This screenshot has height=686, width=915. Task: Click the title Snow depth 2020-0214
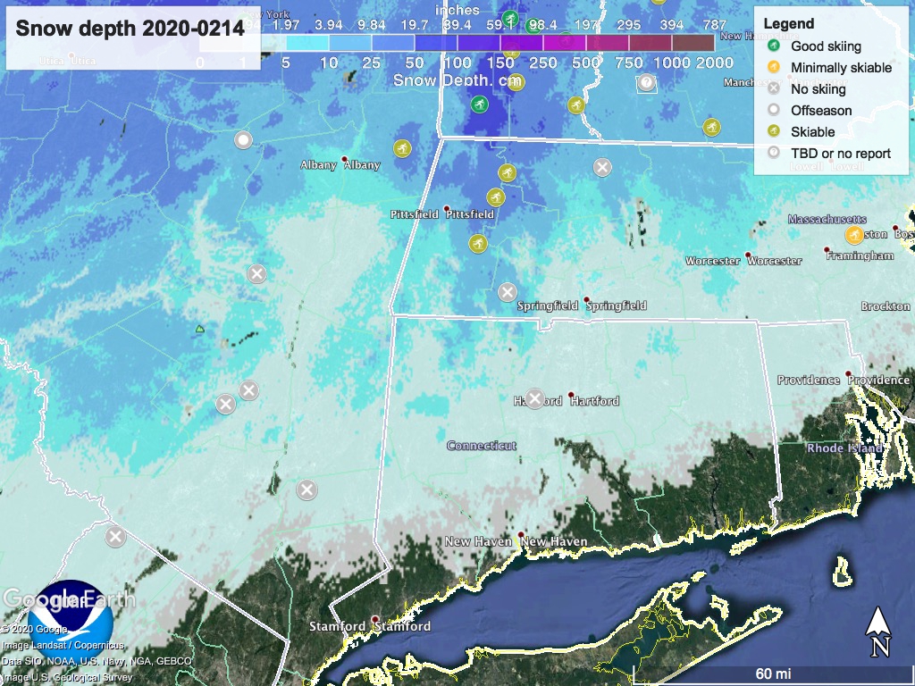point(130,29)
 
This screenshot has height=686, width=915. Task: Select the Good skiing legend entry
point(826,46)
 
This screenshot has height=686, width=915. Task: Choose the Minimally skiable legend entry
point(840,67)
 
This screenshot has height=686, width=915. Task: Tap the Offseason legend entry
point(820,110)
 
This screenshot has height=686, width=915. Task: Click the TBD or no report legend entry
point(840,153)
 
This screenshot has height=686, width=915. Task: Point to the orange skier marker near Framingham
point(854,236)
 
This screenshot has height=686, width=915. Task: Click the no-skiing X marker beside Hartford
point(534,399)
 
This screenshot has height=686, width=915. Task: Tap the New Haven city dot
point(521,535)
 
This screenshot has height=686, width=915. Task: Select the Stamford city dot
point(375,619)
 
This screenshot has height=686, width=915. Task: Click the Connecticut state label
point(482,446)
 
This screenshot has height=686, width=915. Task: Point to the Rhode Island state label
point(844,448)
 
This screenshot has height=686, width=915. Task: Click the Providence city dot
point(848,373)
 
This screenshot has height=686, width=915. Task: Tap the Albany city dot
point(345,160)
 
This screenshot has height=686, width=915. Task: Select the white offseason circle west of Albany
point(243,140)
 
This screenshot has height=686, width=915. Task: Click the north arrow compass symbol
point(879,631)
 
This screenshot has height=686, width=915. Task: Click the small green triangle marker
point(200,329)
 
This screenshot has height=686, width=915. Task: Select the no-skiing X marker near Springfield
point(507,292)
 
